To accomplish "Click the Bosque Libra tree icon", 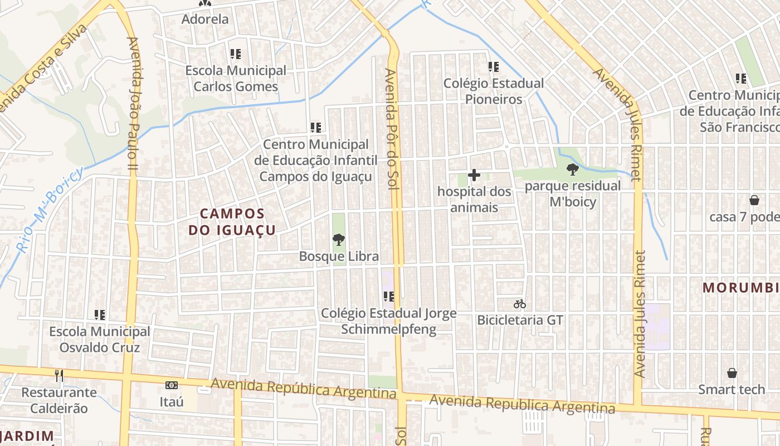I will point(338,240).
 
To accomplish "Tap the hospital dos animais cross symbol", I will point(474,176).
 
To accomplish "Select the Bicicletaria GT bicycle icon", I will point(520,304).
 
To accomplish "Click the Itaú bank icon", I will point(172,385).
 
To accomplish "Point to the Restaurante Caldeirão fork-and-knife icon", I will point(59,376).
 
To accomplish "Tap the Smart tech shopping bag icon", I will point(732,373).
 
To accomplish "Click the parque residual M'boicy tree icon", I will point(572,169).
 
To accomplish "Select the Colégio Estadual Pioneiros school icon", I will point(493,67).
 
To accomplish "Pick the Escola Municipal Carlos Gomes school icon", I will point(236,54).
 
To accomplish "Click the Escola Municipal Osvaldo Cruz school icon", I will point(100,315).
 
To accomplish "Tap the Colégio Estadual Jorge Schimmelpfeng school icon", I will point(388,297).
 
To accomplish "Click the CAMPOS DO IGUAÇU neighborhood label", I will point(232,221).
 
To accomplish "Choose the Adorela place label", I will point(205,19).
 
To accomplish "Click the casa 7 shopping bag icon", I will point(754,200).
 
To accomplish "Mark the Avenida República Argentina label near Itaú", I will point(304,388).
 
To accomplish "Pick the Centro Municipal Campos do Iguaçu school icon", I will point(316,128).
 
